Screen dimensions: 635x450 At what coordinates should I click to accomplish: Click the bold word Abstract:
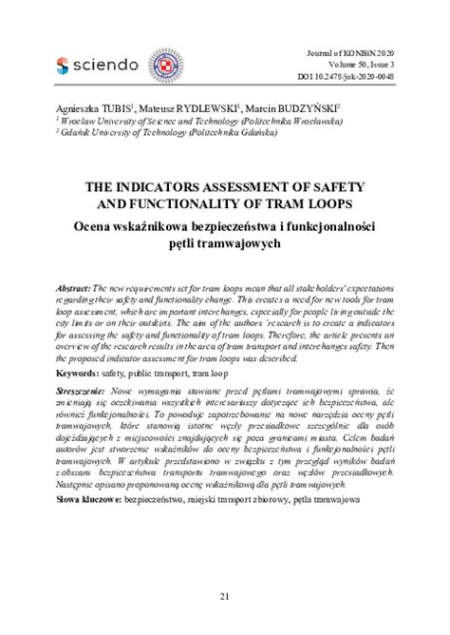(74, 287)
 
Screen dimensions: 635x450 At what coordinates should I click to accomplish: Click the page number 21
(224, 596)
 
